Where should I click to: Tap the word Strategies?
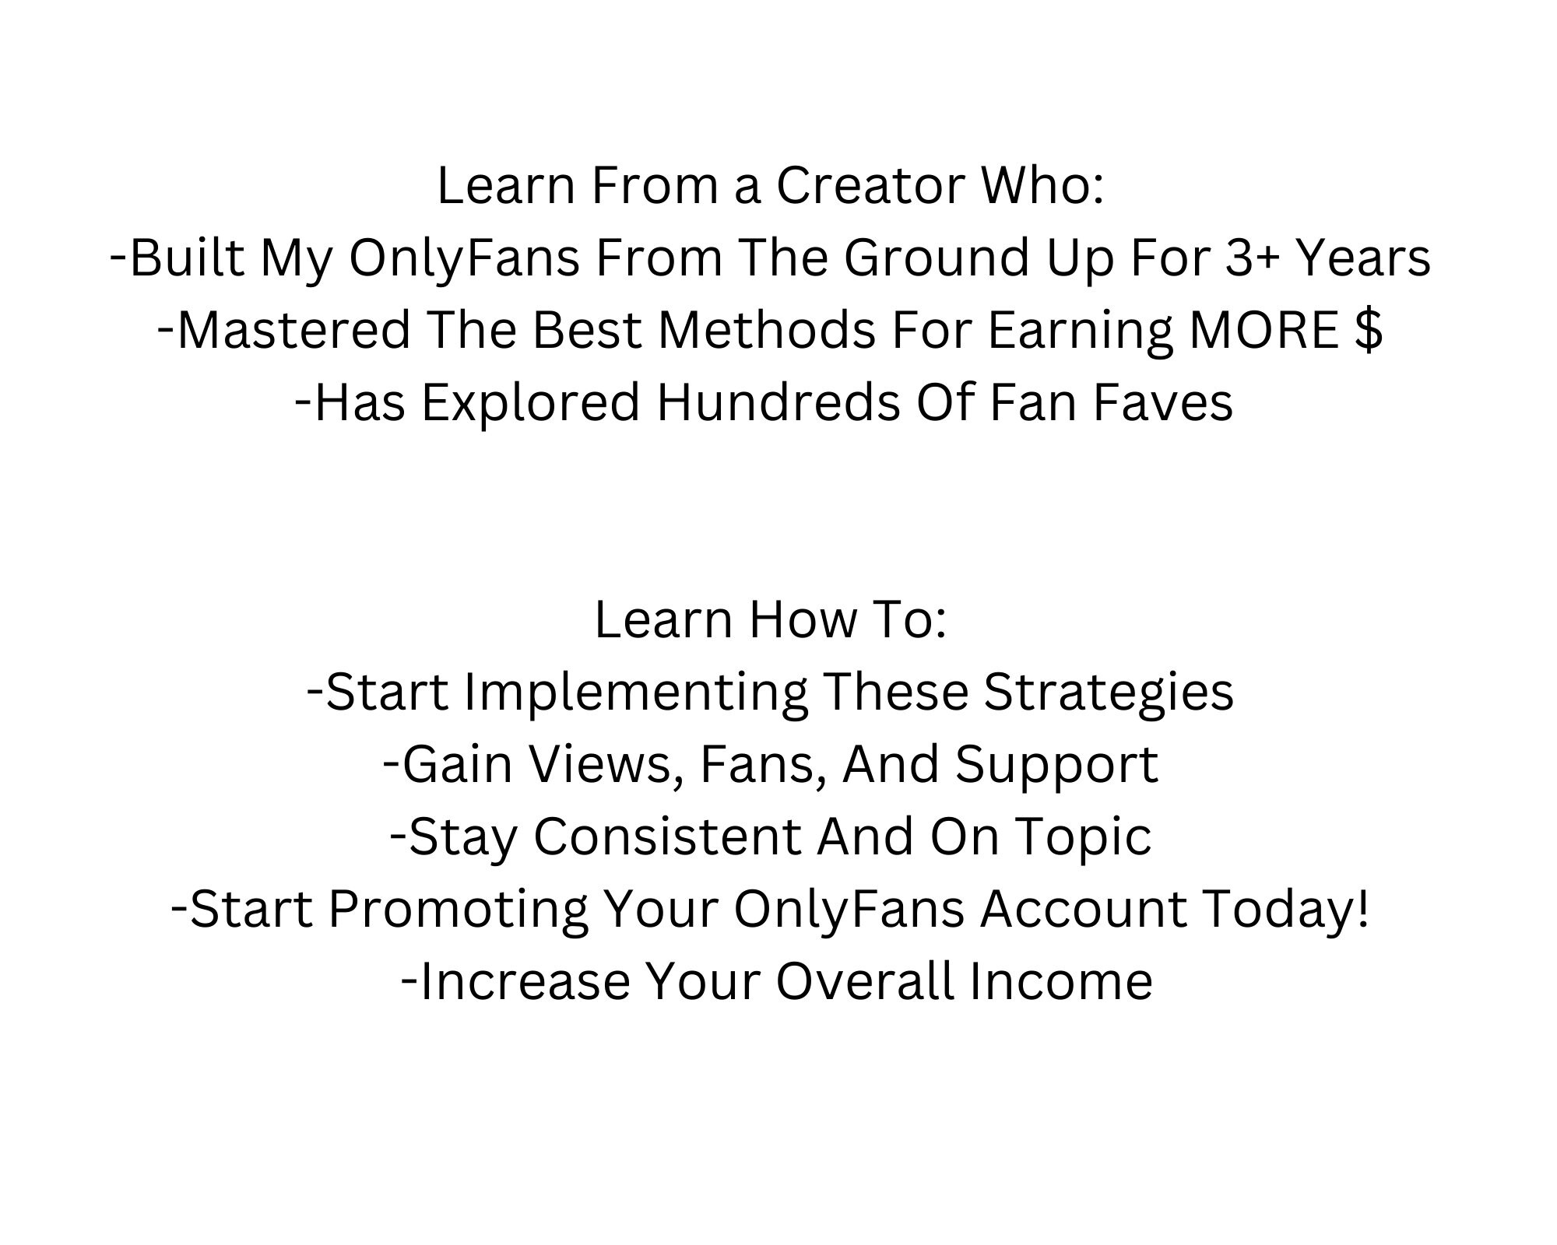(1109, 692)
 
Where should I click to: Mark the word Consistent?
(667, 836)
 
